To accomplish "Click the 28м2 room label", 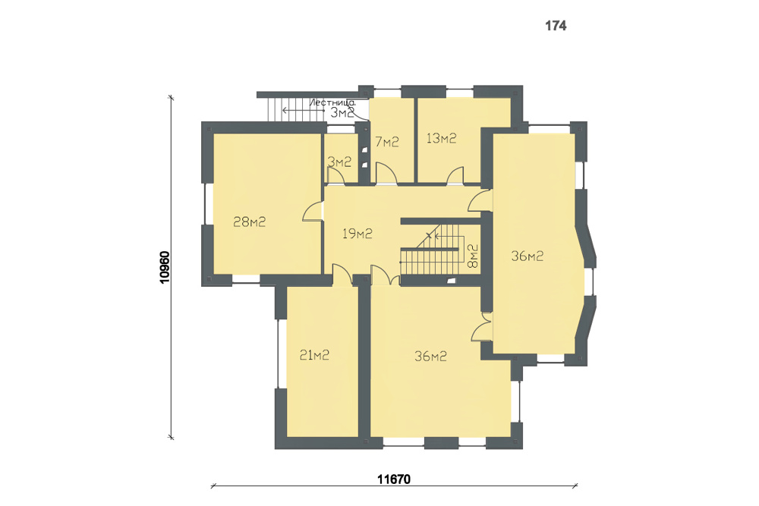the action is (249, 222).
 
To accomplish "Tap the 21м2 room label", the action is (314, 355).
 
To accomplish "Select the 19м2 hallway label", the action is (357, 234).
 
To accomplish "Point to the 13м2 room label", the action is (441, 138).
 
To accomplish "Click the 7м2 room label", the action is (387, 142).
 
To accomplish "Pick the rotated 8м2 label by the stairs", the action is (472, 256).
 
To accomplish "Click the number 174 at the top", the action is (556, 26).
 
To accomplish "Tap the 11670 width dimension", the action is (394, 479).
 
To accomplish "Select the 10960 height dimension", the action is (165, 267).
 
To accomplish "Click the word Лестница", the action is (332, 102).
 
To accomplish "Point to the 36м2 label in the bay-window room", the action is (528, 256).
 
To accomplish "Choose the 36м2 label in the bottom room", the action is (430, 357).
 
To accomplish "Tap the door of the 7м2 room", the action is (386, 174).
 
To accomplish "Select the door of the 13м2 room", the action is (455, 175).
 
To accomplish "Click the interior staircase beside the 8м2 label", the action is (430, 249).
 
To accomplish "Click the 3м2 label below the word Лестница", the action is (342, 113).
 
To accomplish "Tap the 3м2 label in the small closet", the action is (339, 162).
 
